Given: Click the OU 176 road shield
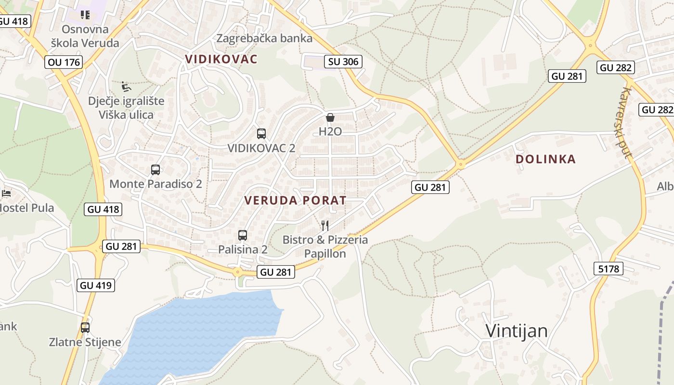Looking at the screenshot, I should (x=64, y=62).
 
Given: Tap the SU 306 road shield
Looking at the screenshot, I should (x=343, y=61).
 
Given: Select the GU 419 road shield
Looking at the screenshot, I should (x=96, y=285).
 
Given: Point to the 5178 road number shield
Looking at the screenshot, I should (x=609, y=268).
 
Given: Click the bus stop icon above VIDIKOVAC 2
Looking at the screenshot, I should (x=261, y=133).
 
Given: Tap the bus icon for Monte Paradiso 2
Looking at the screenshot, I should (x=155, y=169).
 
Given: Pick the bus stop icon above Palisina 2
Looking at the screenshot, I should (x=243, y=235).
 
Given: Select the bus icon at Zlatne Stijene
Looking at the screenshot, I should (x=85, y=327).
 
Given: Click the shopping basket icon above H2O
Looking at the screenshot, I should (x=330, y=117).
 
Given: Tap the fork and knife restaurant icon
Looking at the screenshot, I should (x=325, y=225).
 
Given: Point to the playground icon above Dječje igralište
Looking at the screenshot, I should (x=126, y=87).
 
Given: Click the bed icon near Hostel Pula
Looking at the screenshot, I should (x=6, y=193).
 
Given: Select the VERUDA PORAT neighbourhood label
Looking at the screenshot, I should (x=295, y=200).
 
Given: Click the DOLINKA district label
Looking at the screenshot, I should (x=545, y=159).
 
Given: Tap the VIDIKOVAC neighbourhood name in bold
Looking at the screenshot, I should (x=221, y=59).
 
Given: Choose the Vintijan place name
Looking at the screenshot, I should (x=517, y=331).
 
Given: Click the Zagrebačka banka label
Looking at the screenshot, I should (x=264, y=38).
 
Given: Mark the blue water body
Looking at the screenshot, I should (x=202, y=332).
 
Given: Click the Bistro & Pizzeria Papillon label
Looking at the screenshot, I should (x=325, y=246).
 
